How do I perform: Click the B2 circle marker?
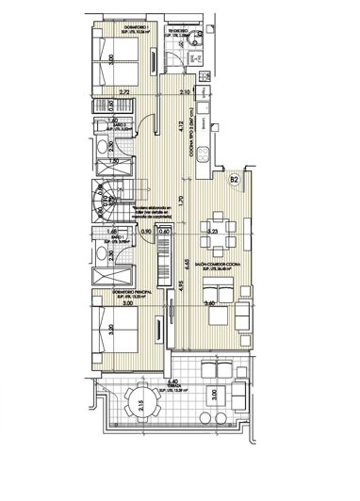(x=234, y=177)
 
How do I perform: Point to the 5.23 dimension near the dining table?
(x=213, y=230)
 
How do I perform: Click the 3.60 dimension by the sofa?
(x=212, y=303)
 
